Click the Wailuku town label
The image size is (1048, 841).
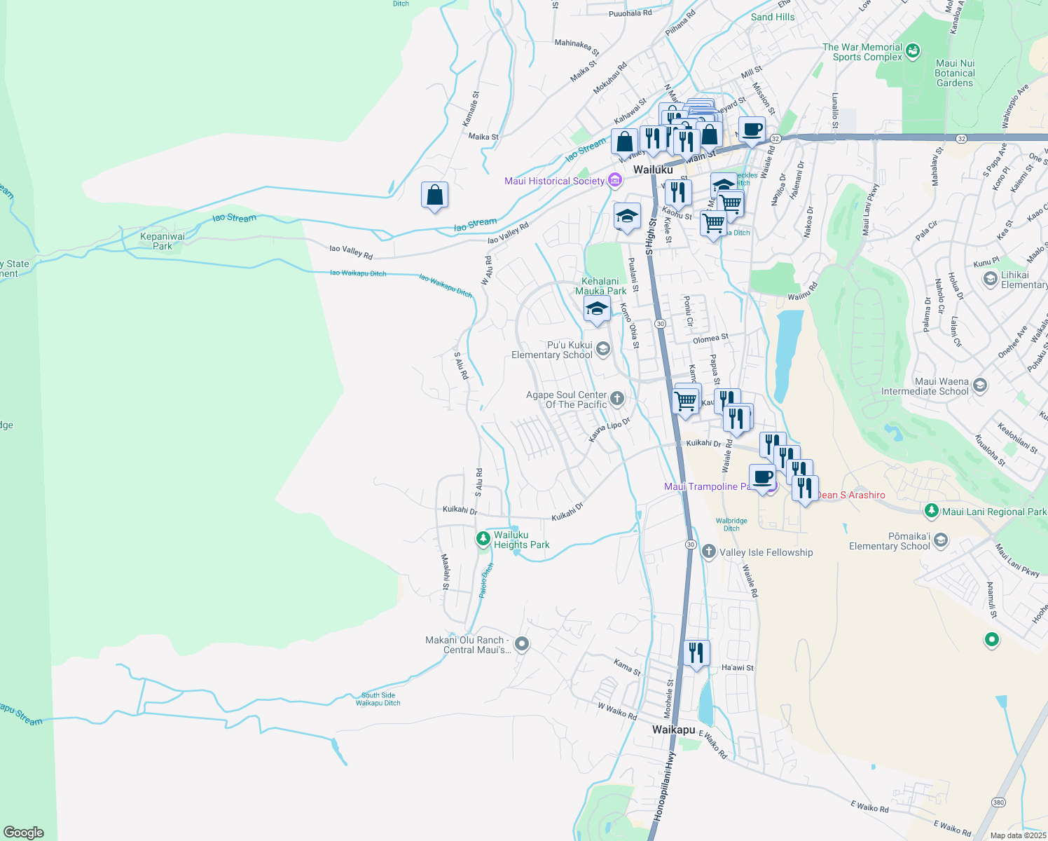[653, 170]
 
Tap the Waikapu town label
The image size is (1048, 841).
[673, 730]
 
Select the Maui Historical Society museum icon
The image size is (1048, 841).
[615, 181]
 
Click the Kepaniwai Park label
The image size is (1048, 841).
[163, 241]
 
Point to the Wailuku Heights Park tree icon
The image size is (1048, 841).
[483, 539]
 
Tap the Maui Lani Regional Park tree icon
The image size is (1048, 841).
[931, 512]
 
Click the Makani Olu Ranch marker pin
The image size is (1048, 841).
[521, 643]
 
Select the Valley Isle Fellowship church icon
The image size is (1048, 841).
[709, 552]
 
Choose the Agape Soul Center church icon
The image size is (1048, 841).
[616, 399]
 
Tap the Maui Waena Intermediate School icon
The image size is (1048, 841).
[979, 385]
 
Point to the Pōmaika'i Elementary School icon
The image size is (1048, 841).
[941, 540]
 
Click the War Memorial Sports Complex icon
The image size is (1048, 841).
[913, 51]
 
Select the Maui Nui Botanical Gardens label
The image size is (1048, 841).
[955, 73]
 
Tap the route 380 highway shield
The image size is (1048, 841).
[998, 802]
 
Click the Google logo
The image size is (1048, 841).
[24, 833]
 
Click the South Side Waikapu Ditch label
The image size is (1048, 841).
[378, 699]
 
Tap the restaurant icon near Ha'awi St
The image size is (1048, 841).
[696, 653]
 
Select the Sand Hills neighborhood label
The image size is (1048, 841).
[773, 17]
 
